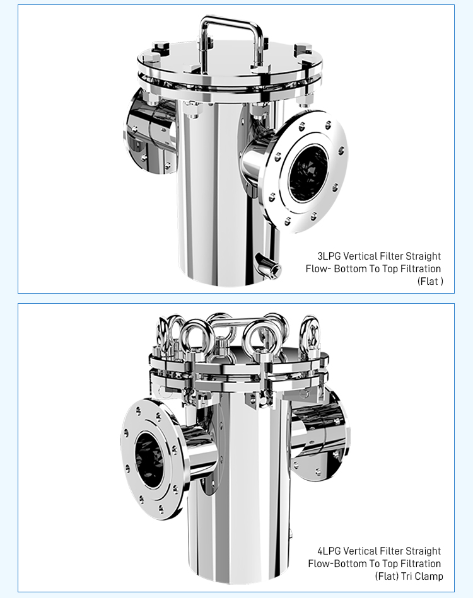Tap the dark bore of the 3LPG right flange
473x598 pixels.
pyautogui.click(x=308, y=174)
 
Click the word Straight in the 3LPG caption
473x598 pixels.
pyautogui.click(x=423, y=256)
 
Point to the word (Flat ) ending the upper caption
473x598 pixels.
pyautogui.click(x=430, y=281)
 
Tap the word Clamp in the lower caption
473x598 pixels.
pyautogui.click(x=429, y=576)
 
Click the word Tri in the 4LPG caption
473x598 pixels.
pyautogui.click(x=407, y=576)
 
